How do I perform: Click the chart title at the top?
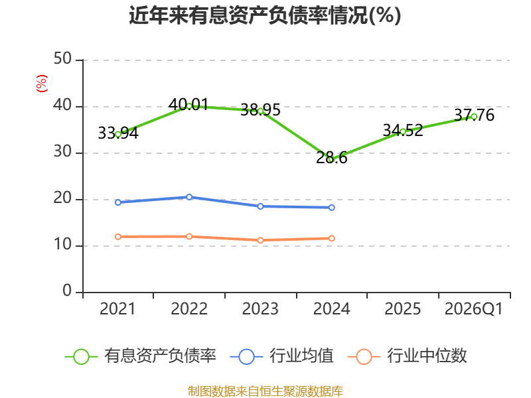point(265,15)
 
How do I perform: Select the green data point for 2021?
point(118,135)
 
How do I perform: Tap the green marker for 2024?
point(331,159)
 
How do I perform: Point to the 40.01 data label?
point(189,104)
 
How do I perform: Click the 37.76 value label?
point(474,115)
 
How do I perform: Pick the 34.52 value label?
point(403,130)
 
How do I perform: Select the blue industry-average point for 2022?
point(189,197)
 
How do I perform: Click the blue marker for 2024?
point(331,208)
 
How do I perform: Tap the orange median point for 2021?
point(118,237)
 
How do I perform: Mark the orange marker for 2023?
point(260,240)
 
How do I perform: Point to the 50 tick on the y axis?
point(62,59)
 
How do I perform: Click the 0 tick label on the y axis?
point(67,291)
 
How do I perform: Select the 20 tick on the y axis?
point(62,198)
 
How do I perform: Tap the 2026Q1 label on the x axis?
point(473,308)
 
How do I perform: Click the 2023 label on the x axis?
point(260,308)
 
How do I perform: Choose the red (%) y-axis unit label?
point(42,84)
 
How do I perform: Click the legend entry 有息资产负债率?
point(141,356)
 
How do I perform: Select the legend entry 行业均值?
point(281,356)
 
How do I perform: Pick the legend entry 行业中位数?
point(408,356)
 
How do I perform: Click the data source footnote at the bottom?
point(265,391)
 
